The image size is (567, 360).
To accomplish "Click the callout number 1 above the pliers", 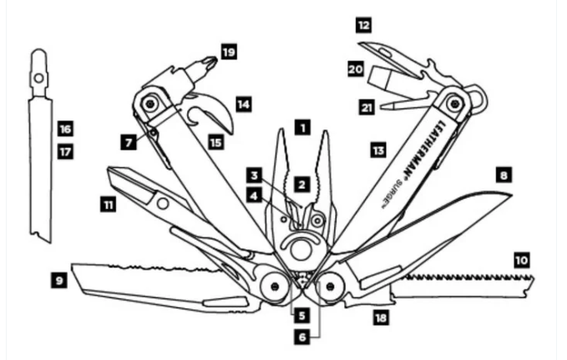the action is pos(302,127).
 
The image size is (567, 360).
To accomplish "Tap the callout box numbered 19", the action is pos(229,52).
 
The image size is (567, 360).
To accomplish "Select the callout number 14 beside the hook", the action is pos(244,104).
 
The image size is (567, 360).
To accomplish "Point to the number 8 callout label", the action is pos(504,175).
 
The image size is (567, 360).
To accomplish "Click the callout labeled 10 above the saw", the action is pos(521,260).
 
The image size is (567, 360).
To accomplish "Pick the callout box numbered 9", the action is pos(59,281).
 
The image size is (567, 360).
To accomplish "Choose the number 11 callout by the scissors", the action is pos(108,205).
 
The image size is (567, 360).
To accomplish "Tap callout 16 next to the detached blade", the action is pos(65,129).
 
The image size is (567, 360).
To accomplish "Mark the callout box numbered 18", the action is pos(381,317).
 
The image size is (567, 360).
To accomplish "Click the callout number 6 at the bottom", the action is pos(302,337).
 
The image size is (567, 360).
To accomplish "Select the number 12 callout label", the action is pos(363,25).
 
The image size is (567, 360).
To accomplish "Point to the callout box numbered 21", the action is pos(367,108).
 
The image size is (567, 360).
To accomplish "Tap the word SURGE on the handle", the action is pos(392,194).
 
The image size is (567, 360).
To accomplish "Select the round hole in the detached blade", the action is pos(38,78).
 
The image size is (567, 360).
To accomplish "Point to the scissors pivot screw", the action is pos(163,203).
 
